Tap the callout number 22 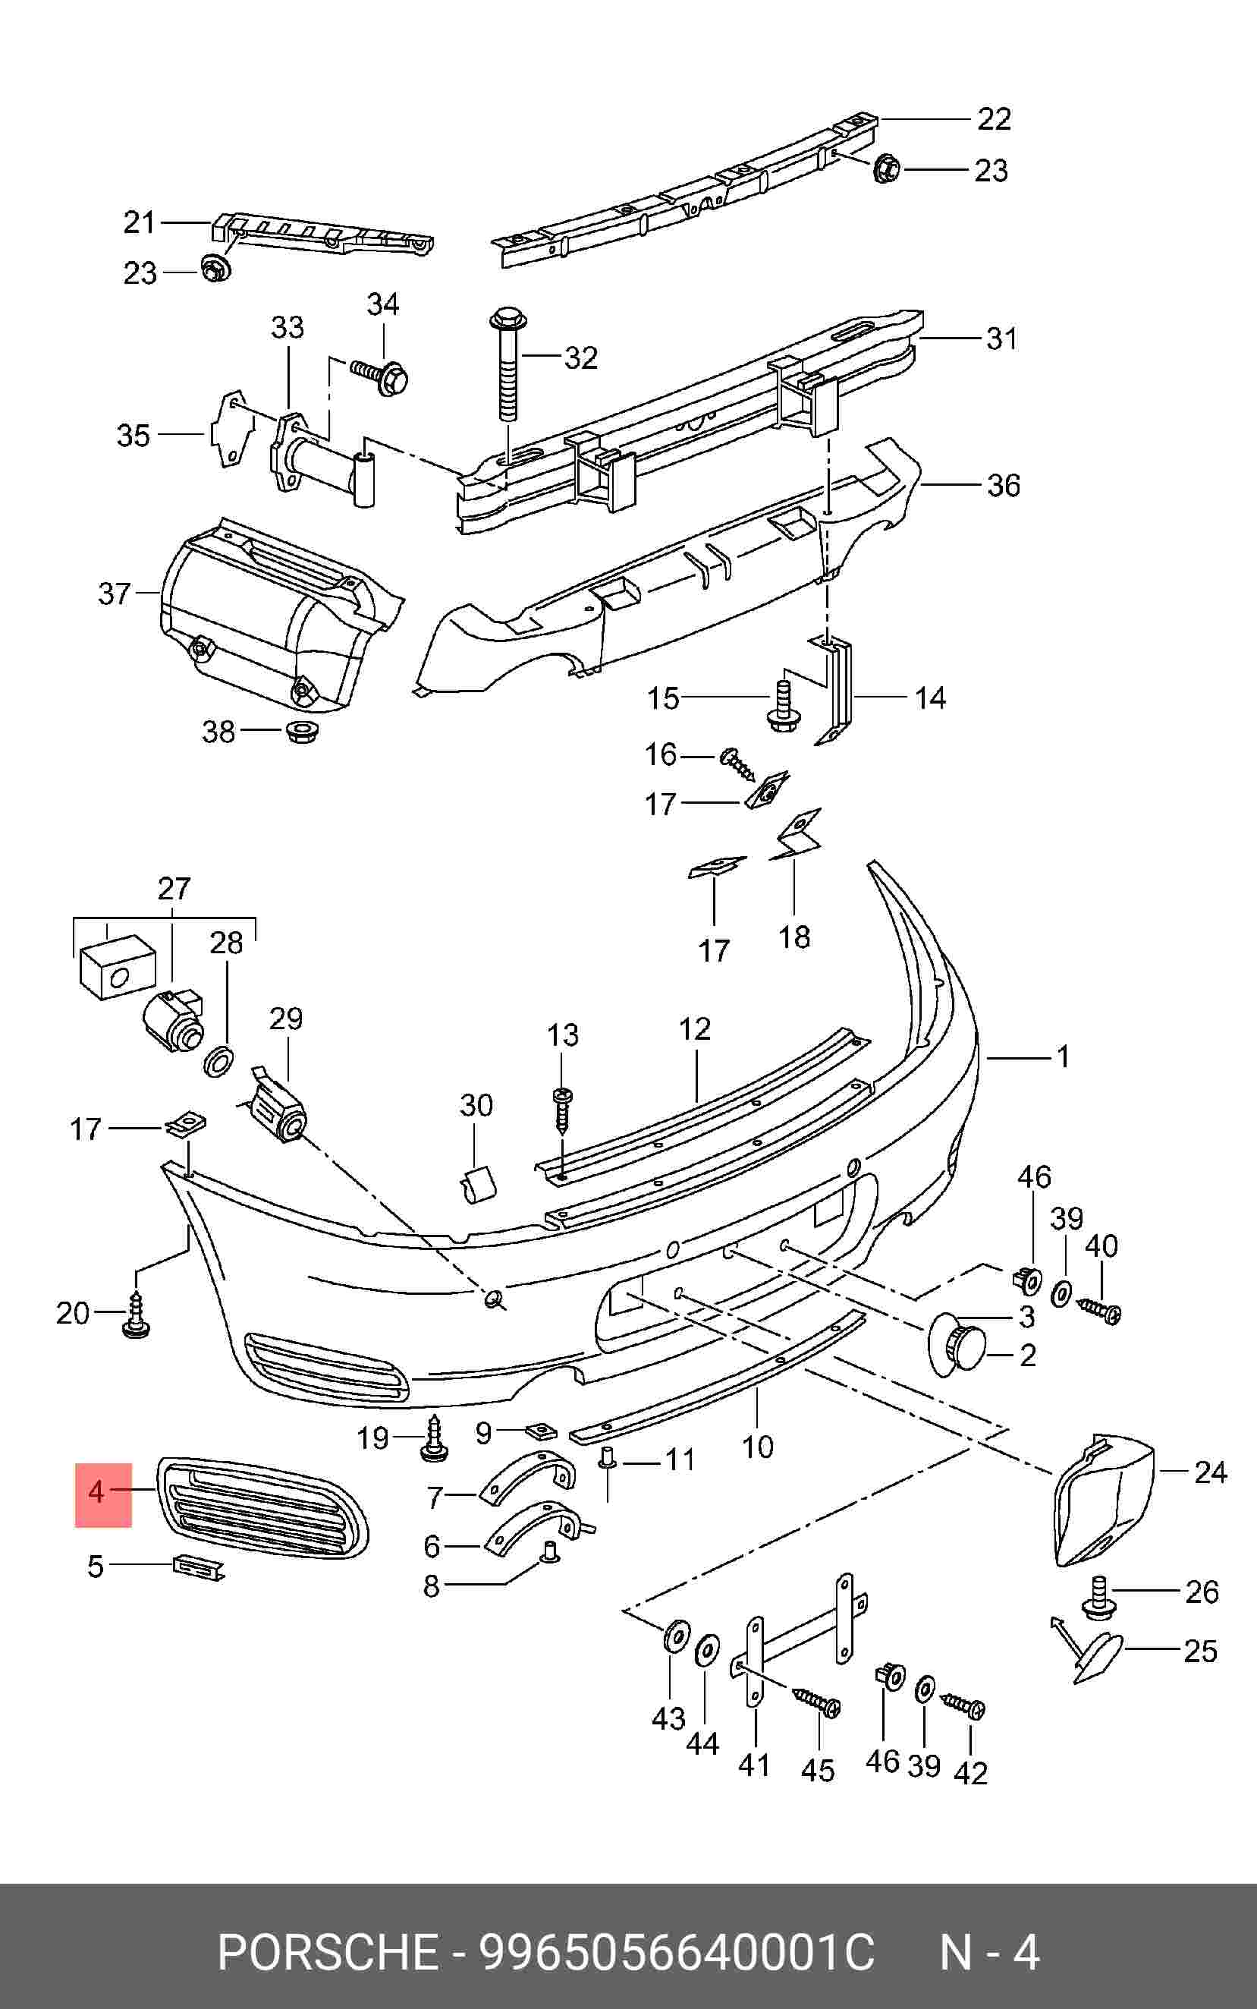point(994,120)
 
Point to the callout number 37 point(114,594)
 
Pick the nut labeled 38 point(301,732)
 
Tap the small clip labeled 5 point(198,1567)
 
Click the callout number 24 point(1210,1472)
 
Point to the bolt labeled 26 point(1099,1599)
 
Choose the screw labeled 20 point(137,1315)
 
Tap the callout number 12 point(694,1029)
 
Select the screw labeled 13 point(562,1110)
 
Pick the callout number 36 point(1003,486)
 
